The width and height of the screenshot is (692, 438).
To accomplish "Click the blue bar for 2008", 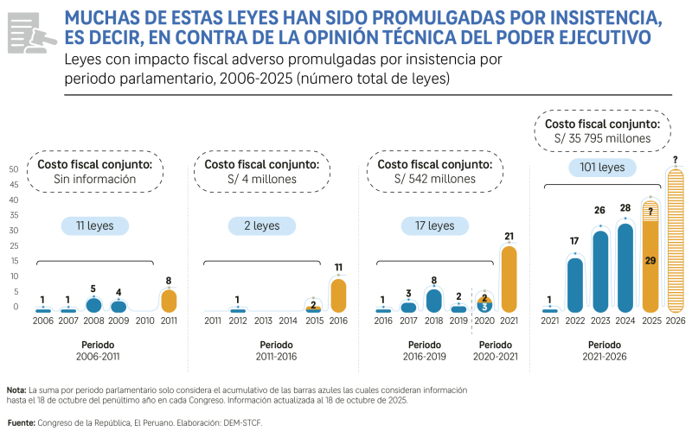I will point(93,304).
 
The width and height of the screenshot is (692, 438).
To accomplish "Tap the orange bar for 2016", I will point(338,295).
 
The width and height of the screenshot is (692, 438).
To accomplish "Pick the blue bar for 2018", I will point(434,300).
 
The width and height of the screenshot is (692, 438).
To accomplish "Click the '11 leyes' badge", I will point(94,225).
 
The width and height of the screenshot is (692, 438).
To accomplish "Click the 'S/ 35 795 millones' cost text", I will point(602,138).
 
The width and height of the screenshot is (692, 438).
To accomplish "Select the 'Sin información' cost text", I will point(95,179).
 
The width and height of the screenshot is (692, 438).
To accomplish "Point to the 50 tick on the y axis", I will point(14,169).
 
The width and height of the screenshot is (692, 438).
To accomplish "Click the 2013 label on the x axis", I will point(262,321).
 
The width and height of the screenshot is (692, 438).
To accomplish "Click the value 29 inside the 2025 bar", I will point(650,260).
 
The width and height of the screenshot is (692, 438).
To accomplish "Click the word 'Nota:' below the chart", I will point(16,390).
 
